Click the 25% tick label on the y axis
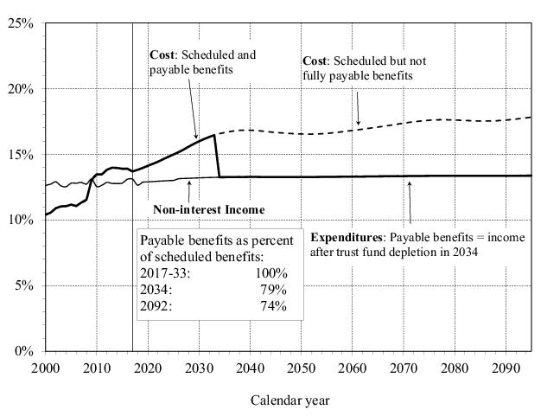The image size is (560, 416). pyautogui.click(x=22, y=23)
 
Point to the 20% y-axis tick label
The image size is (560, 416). pyautogui.click(x=22, y=89)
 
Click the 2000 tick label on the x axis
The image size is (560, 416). pyautogui.click(x=45, y=368)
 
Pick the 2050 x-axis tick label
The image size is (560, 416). pyautogui.click(x=301, y=368)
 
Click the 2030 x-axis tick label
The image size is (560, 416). pyautogui.click(x=199, y=368)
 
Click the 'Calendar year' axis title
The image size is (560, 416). pyautogui.click(x=290, y=400)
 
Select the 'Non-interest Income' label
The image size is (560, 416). pyautogui.click(x=208, y=209)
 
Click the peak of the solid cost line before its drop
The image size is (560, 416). pyautogui.click(x=214, y=135)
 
